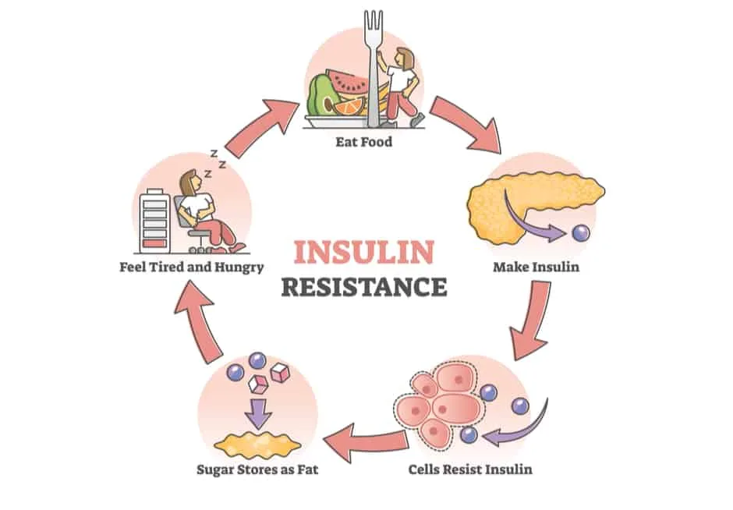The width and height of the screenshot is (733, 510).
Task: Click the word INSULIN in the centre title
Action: point(364,252)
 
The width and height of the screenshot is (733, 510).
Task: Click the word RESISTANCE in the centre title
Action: point(364,286)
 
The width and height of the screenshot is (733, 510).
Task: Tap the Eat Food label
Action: point(363,141)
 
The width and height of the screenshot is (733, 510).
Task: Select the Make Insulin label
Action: point(536,267)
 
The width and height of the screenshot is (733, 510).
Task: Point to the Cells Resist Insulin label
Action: point(470,469)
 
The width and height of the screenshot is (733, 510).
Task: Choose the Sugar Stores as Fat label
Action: point(257,469)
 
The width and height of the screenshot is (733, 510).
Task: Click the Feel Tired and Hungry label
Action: point(192,267)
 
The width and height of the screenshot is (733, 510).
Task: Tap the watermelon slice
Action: point(347,84)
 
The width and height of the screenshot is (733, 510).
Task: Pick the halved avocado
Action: point(320,96)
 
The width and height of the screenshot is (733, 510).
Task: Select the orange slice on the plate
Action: point(349,107)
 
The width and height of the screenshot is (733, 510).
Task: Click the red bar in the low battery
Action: point(154,243)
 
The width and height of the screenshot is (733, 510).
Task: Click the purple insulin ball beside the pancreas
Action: point(581,233)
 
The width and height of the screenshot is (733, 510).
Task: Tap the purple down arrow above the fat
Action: point(259,413)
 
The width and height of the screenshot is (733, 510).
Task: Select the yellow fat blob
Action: point(257,444)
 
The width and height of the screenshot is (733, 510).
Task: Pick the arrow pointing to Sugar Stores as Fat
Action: point(366,441)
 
